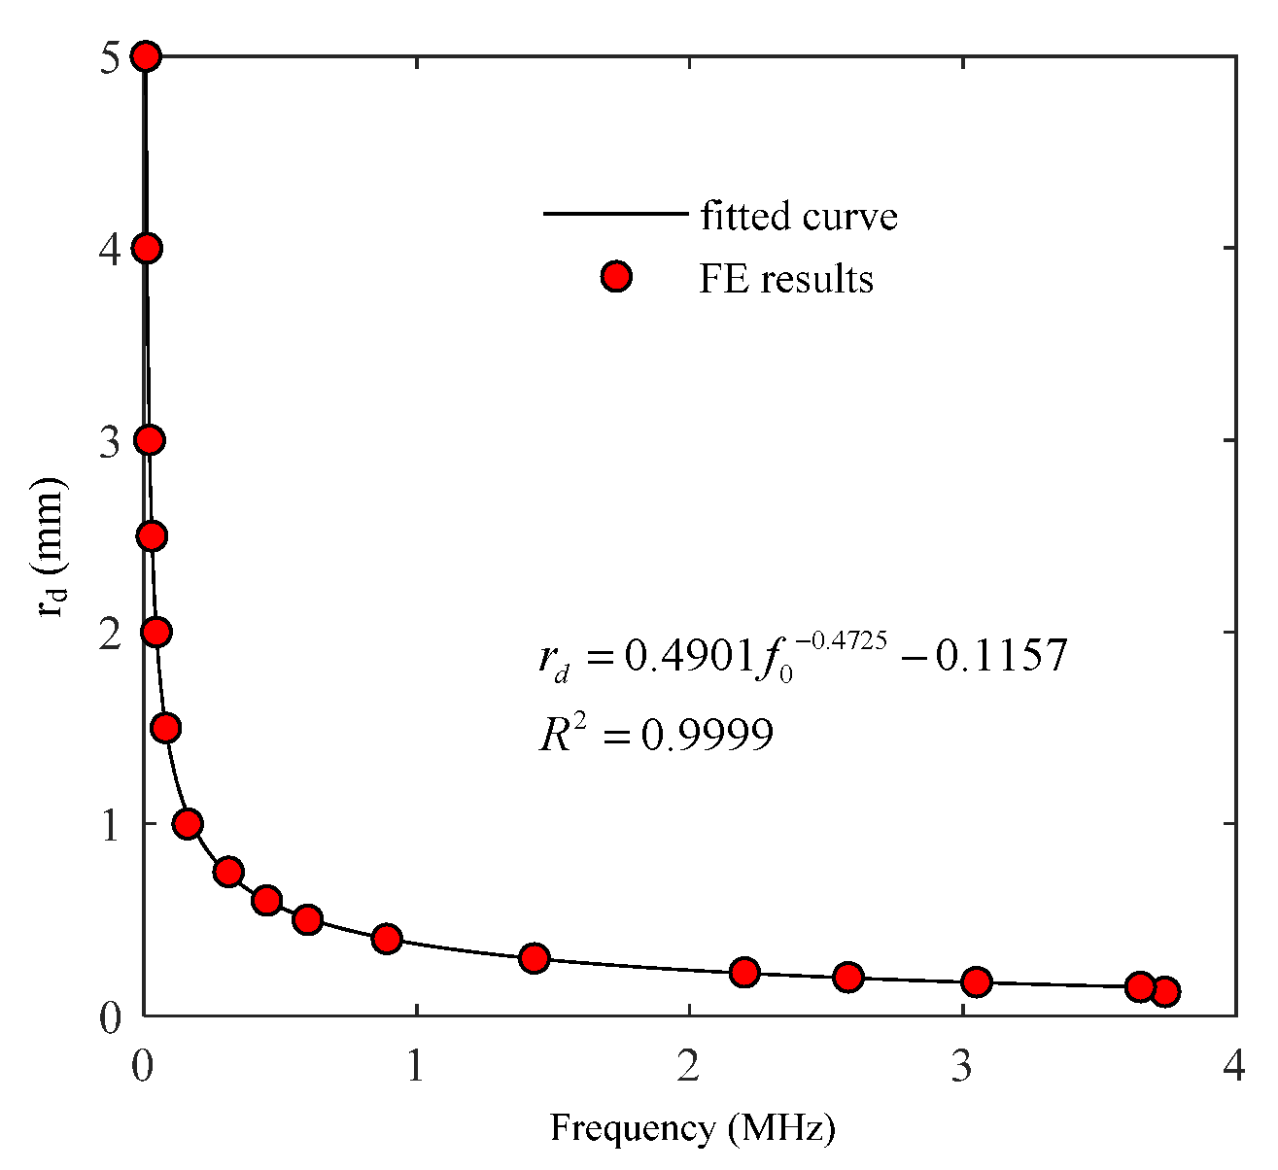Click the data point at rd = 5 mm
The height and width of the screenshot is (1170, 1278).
coord(145,56)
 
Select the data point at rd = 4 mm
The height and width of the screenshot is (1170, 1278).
coord(147,249)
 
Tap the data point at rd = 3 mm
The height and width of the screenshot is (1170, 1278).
coord(149,440)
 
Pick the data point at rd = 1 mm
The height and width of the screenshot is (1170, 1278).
coord(188,824)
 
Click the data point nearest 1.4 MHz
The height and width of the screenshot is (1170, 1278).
coord(534,958)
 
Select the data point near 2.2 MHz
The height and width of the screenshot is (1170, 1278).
coord(744,972)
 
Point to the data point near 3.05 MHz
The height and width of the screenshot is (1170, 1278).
coord(977,981)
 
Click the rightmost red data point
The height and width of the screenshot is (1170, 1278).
coord(1165,991)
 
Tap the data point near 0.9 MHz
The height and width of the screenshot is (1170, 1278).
coord(387,939)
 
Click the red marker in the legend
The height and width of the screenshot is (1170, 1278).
coord(616,278)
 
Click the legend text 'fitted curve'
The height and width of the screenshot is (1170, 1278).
coord(799,216)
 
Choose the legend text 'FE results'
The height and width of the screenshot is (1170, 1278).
coord(786,279)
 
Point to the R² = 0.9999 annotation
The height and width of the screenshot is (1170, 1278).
coord(657,736)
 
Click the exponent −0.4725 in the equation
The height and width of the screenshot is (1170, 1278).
coord(841,639)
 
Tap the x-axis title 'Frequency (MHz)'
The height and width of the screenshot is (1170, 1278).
coord(693,1128)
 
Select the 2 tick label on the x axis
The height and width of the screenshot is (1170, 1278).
coord(689,1067)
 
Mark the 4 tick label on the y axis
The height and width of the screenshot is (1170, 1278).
coord(112,249)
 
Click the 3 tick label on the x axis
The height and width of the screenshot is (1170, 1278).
coord(962,1067)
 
